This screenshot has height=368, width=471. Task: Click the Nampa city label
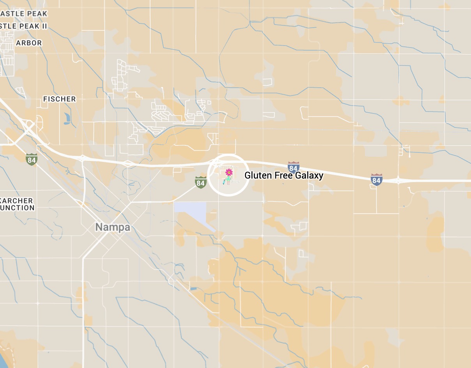pos(113,227)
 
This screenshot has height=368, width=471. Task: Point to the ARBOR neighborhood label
pos(29,43)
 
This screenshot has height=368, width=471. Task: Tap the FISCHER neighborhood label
pos(59,99)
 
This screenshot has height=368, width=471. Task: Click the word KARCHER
pos(18,200)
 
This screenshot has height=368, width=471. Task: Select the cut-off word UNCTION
pos(18,208)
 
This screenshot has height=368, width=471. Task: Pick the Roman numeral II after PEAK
pos(44,26)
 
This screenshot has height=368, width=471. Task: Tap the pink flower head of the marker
pos(229,172)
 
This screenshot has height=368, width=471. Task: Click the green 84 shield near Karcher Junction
pos(32,159)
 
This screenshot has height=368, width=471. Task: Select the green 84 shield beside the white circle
pos(201,182)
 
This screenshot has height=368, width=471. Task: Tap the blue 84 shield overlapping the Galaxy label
pos(294,168)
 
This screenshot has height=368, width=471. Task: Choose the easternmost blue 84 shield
pos(376,179)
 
